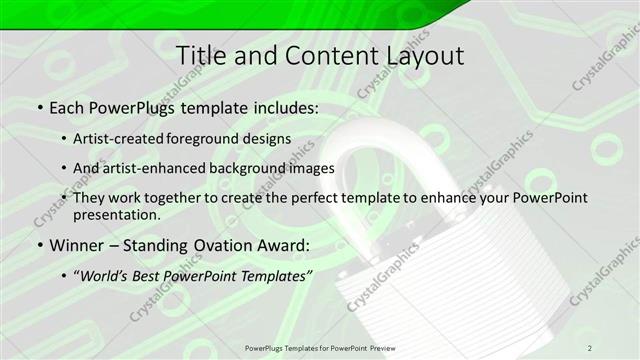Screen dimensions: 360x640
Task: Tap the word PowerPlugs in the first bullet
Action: (124, 106)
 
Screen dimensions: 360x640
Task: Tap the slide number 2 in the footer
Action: (590, 347)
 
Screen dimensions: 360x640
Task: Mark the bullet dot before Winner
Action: (39, 245)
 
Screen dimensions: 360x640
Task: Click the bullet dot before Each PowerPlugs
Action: (39, 106)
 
